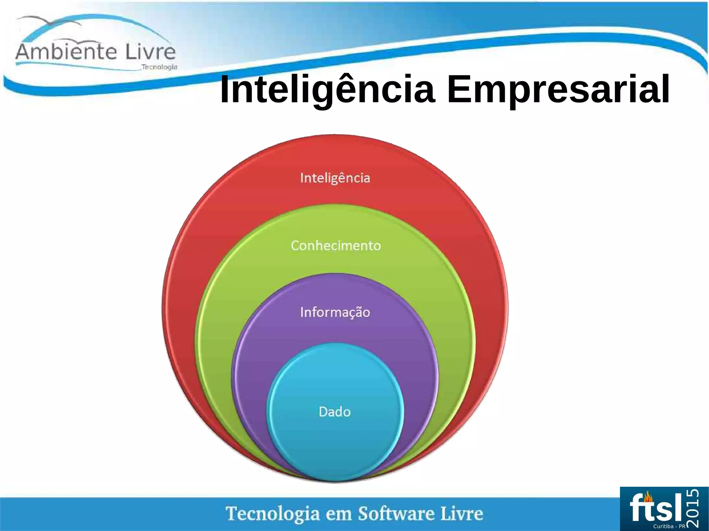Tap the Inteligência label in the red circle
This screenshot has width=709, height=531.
pyautogui.click(x=335, y=178)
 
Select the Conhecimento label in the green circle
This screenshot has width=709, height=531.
pyautogui.click(x=335, y=245)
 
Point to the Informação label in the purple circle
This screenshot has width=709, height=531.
pyautogui.click(x=335, y=312)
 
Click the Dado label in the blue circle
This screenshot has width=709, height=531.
pyautogui.click(x=334, y=412)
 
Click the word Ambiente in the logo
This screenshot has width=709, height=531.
pyautogui.click(x=66, y=52)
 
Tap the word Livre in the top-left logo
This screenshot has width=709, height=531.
pyautogui.click(x=150, y=52)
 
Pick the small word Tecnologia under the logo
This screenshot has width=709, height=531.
pyautogui.click(x=159, y=67)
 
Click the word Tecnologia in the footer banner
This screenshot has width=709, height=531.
pyautogui.click(x=273, y=513)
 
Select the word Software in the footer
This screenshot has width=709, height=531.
pyautogui.click(x=396, y=513)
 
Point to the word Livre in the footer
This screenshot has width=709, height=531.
pyautogui.click(x=462, y=513)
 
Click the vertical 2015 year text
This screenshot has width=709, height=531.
pyautogui.click(x=692, y=507)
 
